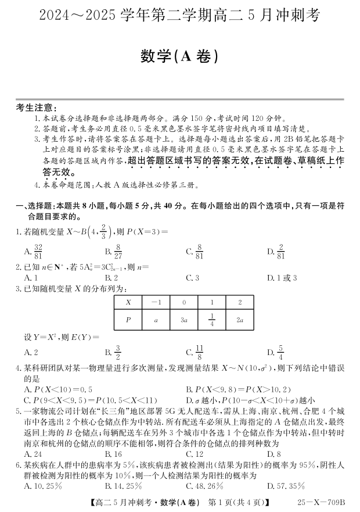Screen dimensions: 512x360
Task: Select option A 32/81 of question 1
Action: [34, 252]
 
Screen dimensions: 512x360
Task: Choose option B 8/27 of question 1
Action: [114, 252]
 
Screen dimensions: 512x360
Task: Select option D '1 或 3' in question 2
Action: [282, 278]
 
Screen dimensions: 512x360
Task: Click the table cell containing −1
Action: [156, 302]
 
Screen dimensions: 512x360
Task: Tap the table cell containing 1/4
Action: [212, 319]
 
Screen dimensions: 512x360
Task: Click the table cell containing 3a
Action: [184, 319]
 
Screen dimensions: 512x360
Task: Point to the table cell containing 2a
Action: [240, 319]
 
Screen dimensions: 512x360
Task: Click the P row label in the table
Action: [128, 319]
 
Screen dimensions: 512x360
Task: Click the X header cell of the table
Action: [128, 302]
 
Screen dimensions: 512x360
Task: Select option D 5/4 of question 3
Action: [275, 352]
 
